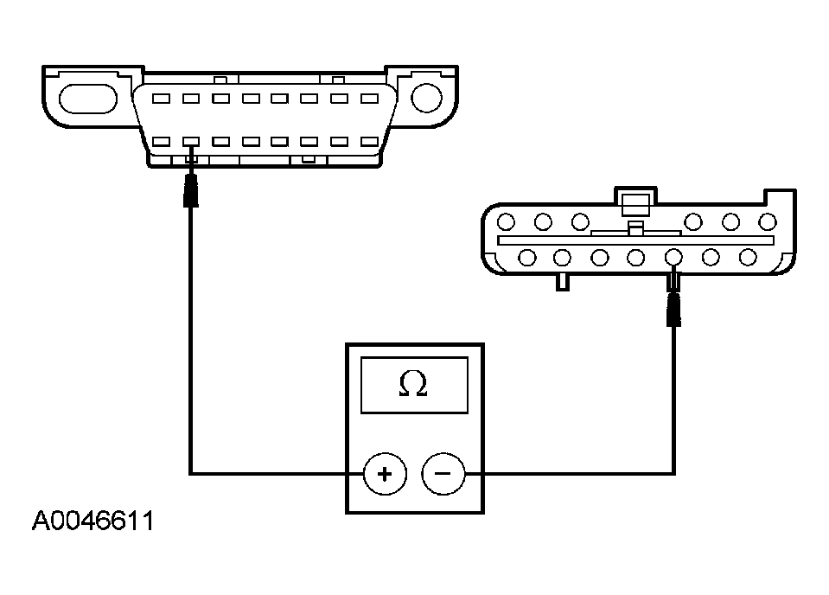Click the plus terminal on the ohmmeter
coord(385,474)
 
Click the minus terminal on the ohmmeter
coord(443,474)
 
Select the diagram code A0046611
coord(92,522)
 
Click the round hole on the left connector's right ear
coord(427,98)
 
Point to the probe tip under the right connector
coord(674,309)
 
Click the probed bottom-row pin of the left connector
coord(191,141)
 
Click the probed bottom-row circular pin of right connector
coord(673,257)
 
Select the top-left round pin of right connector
coord(507,221)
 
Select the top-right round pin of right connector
coord(767,221)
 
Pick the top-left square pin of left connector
coord(162,99)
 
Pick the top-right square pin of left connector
coord(369,99)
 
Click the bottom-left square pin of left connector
coord(162,141)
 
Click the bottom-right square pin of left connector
coord(369,141)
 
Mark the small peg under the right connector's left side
coord(562,281)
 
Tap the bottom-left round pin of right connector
coord(526,257)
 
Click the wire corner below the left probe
coord(191,473)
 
